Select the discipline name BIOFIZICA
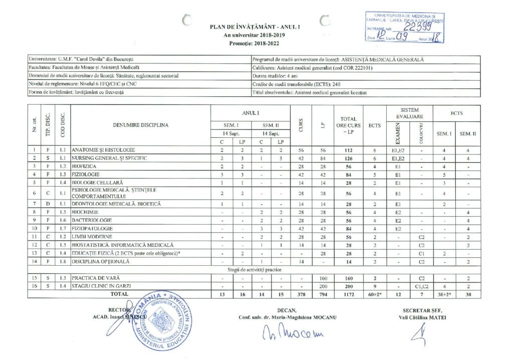(83, 166)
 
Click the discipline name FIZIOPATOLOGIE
(92, 228)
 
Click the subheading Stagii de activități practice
(254, 270)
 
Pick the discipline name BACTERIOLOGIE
(91, 220)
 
